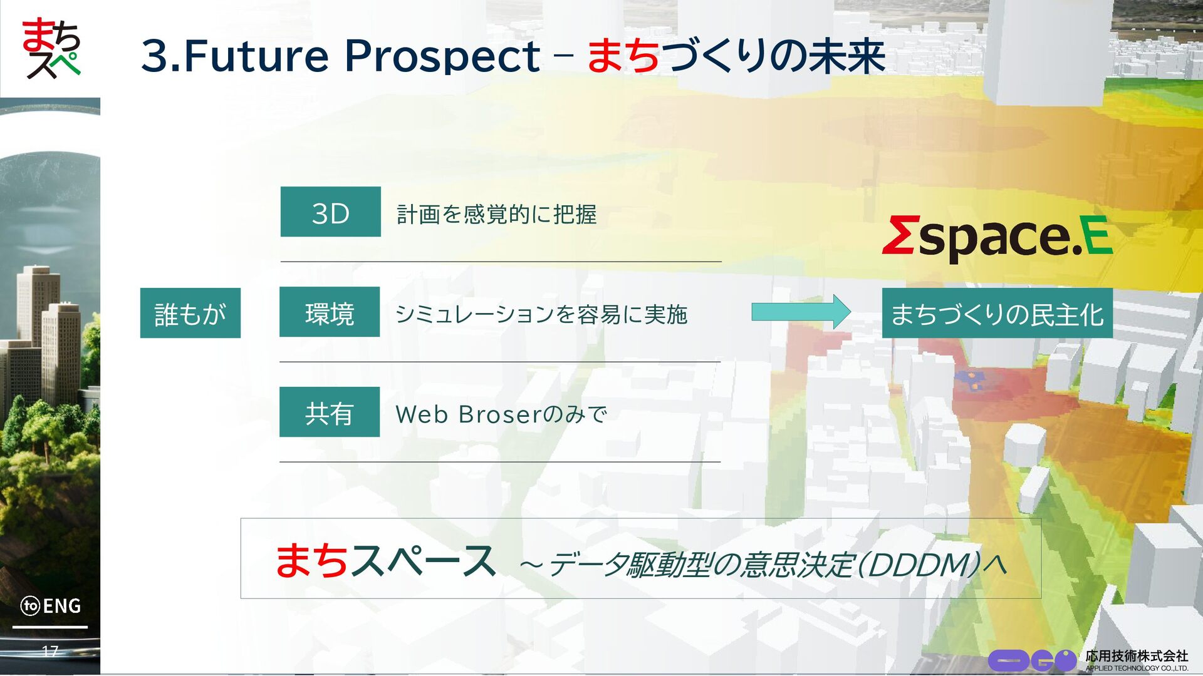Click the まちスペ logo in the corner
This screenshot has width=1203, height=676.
(51, 48)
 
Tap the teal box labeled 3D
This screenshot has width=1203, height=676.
(330, 212)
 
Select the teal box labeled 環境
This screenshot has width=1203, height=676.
(330, 312)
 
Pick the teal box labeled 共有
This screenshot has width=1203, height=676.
(330, 412)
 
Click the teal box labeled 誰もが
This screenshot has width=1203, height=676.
(190, 313)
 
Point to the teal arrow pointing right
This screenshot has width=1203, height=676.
(801, 312)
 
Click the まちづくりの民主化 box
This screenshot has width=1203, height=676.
(997, 313)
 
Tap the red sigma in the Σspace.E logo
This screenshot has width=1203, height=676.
(900, 235)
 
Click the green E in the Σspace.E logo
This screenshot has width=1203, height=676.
(1098, 235)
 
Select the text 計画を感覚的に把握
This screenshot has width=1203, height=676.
(496, 214)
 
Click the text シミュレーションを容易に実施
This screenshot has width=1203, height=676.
(541, 314)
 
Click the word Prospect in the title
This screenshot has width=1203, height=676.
(442, 56)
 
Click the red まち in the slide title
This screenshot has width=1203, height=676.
(623, 55)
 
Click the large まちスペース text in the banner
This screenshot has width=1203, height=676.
(386, 560)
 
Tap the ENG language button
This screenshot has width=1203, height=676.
(51, 606)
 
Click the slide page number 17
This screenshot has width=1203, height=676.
(50, 651)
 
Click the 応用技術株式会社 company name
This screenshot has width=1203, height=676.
(1137, 655)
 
